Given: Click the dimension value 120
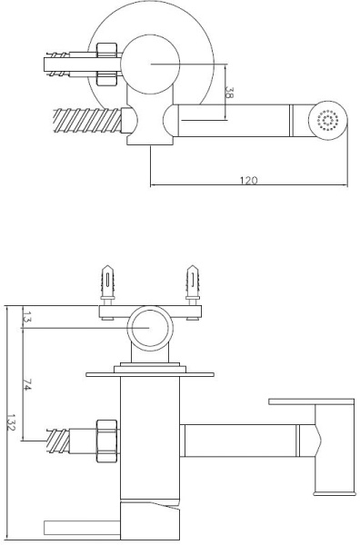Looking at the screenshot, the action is (x=249, y=180).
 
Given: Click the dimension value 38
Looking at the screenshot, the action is (x=229, y=93).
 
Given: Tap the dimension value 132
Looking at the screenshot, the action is (x=11, y=422).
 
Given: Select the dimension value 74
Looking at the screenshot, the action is (x=27, y=385).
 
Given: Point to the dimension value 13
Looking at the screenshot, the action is (x=26, y=317).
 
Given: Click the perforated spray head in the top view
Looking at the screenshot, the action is (x=328, y=121).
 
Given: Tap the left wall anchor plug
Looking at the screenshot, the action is (x=108, y=282).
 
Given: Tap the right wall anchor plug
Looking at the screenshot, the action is (x=192, y=282).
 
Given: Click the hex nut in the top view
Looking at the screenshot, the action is (x=106, y=64).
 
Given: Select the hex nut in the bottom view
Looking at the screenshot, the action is (x=106, y=441).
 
